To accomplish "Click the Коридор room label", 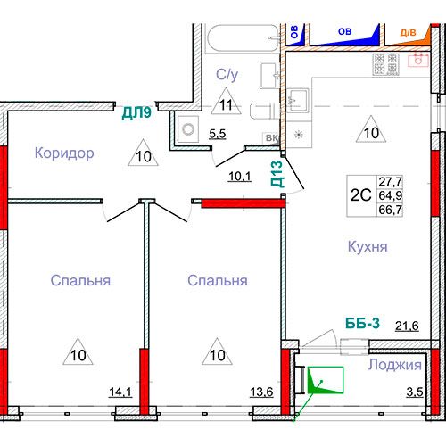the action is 64,153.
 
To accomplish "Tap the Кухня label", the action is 368,247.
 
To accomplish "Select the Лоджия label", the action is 395,365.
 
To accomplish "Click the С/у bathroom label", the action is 227,75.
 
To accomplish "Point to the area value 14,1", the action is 120,392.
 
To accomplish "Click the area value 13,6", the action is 261,392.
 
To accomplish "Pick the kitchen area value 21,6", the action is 407,326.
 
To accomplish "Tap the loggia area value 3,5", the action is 415,392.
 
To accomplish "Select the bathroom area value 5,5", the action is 218,134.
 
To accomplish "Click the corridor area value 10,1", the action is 240,177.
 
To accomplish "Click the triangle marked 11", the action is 226,101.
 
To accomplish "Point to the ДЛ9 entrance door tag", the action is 136,112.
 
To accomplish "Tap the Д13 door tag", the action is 277,174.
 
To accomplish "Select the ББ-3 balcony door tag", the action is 363,323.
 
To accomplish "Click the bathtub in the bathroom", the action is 244,38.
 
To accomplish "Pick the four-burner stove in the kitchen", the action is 385,64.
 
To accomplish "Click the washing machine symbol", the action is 188,129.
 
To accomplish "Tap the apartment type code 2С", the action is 361,195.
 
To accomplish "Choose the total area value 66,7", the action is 391,210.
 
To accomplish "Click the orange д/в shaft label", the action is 408,33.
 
